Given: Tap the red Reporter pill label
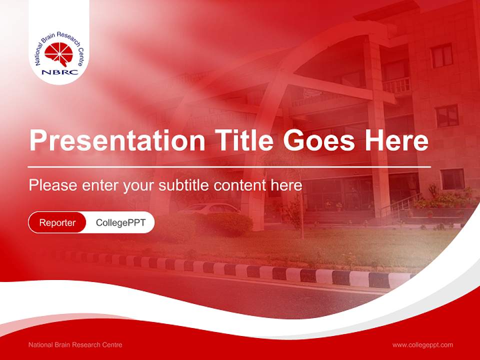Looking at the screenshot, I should [57, 222].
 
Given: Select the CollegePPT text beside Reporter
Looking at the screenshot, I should [120, 222].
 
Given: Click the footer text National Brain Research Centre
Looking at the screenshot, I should [75, 345].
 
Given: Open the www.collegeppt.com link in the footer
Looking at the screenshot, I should [422, 345].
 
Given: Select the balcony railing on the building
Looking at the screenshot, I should [396, 86].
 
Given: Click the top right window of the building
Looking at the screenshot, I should [441, 55].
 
